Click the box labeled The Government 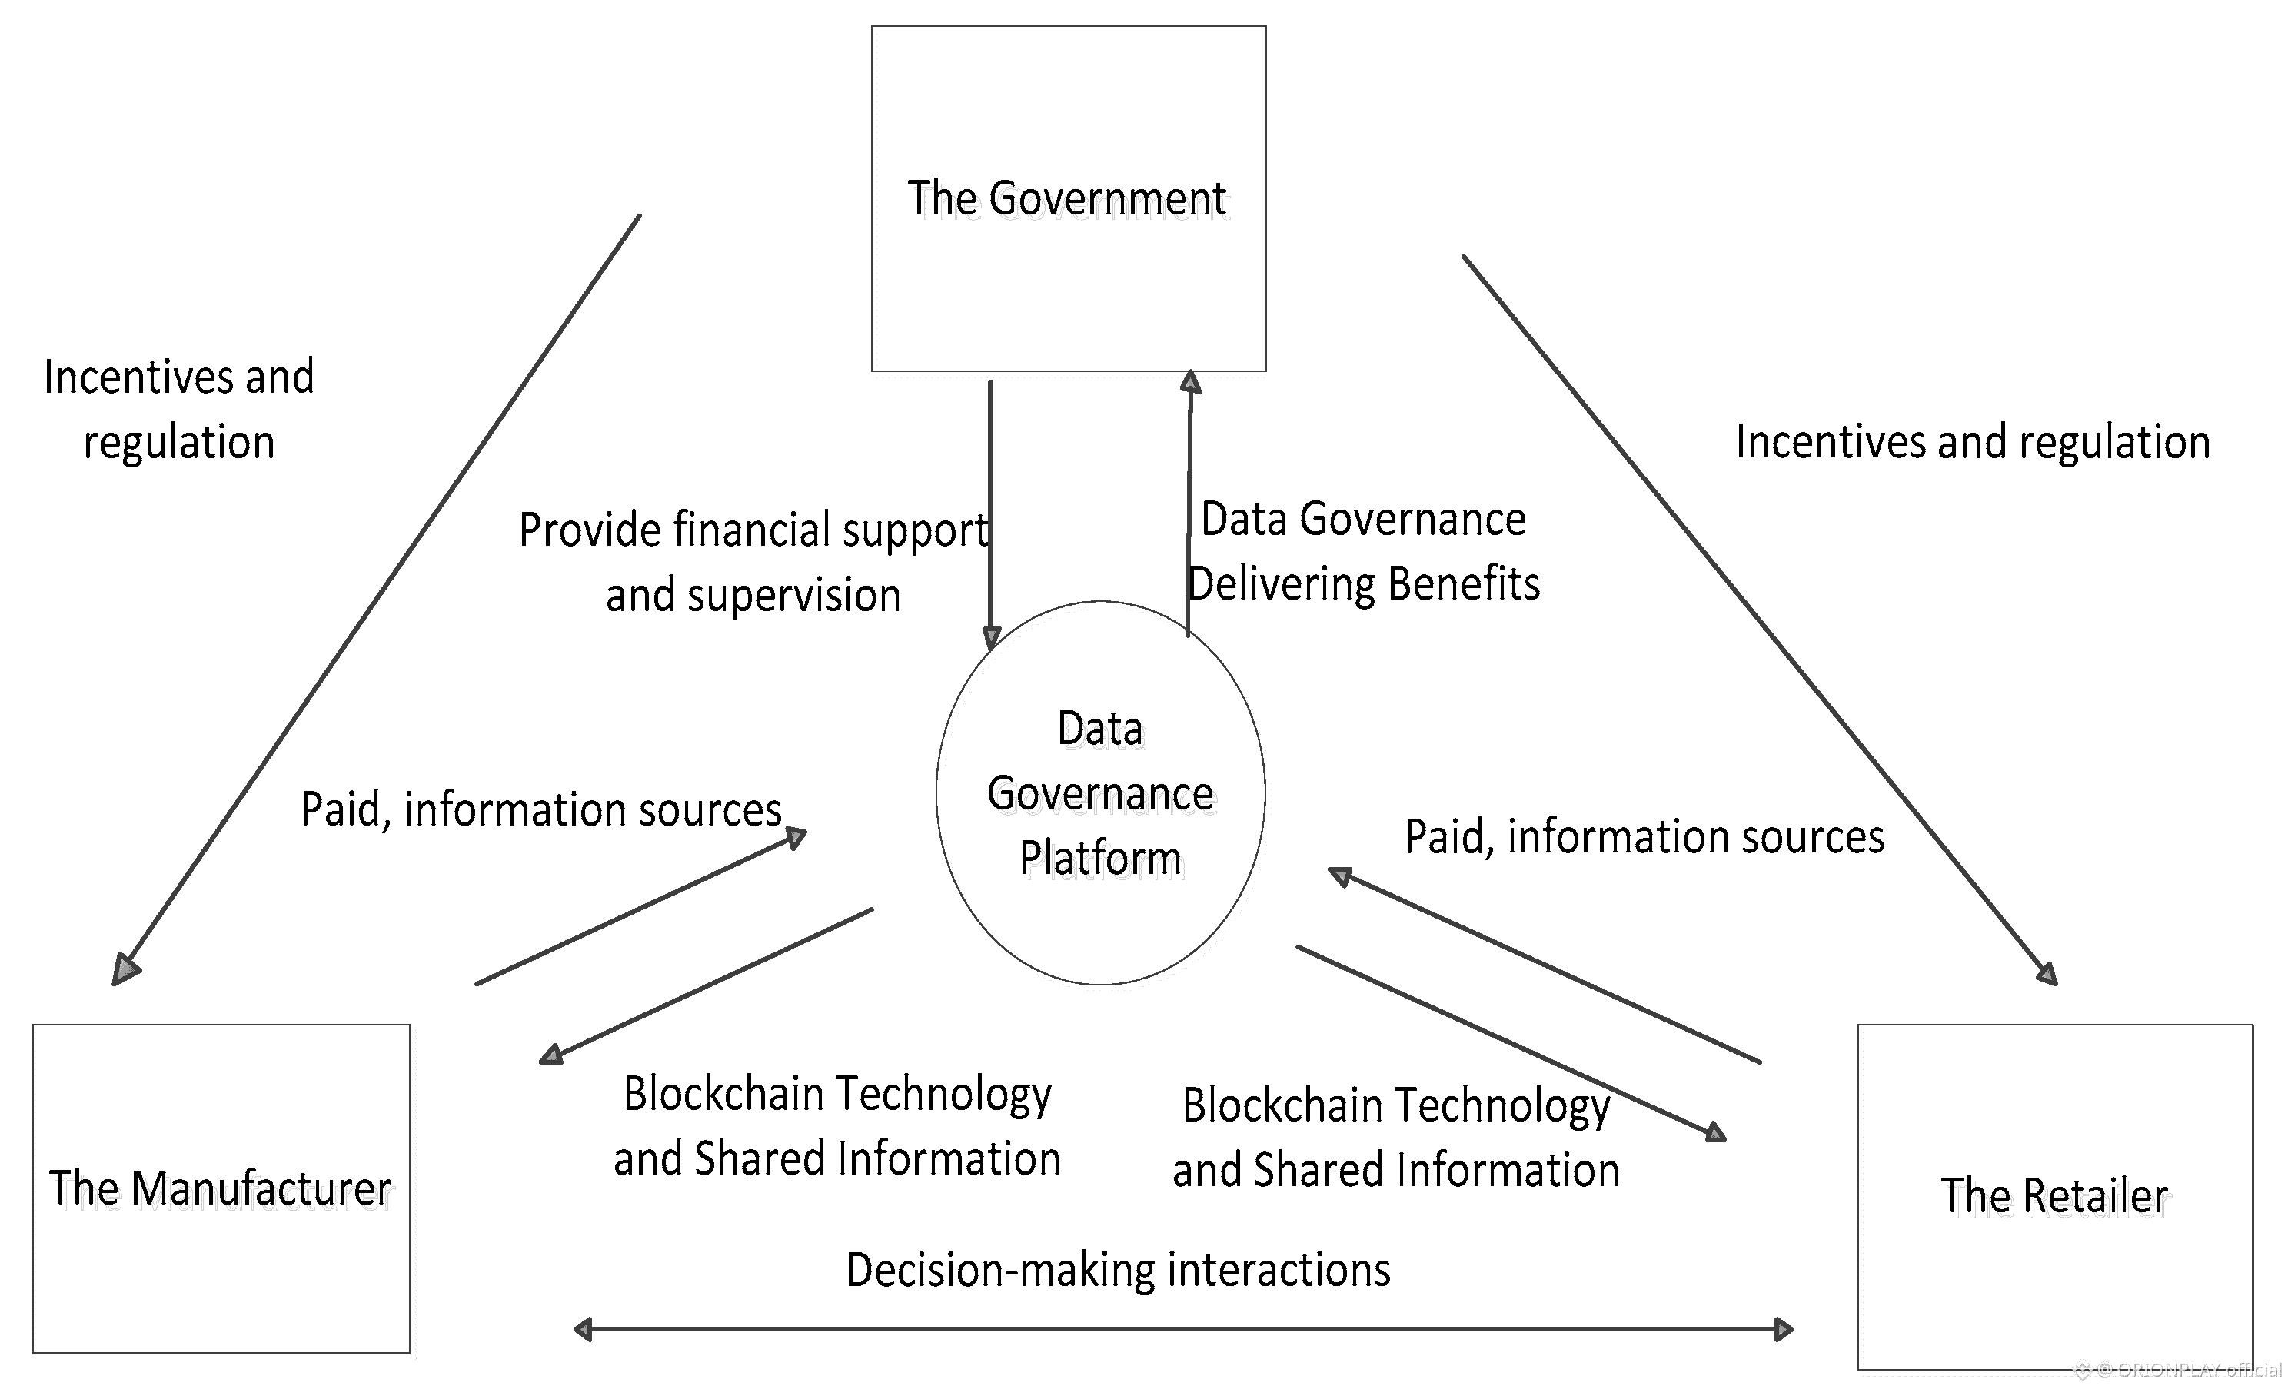pyautogui.click(x=1068, y=198)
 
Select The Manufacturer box pyautogui.click(x=221, y=1188)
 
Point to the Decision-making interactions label pyautogui.click(x=1118, y=1269)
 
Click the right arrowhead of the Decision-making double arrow pyautogui.click(x=1783, y=1330)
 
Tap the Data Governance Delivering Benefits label pyautogui.click(x=1363, y=551)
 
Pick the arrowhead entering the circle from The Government pyautogui.click(x=991, y=638)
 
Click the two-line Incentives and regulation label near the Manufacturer pyautogui.click(x=179, y=408)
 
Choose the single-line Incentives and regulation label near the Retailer pyautogui.click(x=1972, y=442)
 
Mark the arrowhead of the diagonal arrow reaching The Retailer pyautogui.click(x=2047, y=972)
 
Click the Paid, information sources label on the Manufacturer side pyautogui.click(x=540, y=809)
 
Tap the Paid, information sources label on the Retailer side pyautogui.click(x=1644, y=836)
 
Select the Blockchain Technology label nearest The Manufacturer pyautogui.click(x=836, y=1126)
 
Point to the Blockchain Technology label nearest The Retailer pyautogui.click(x=1395, y=1138)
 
